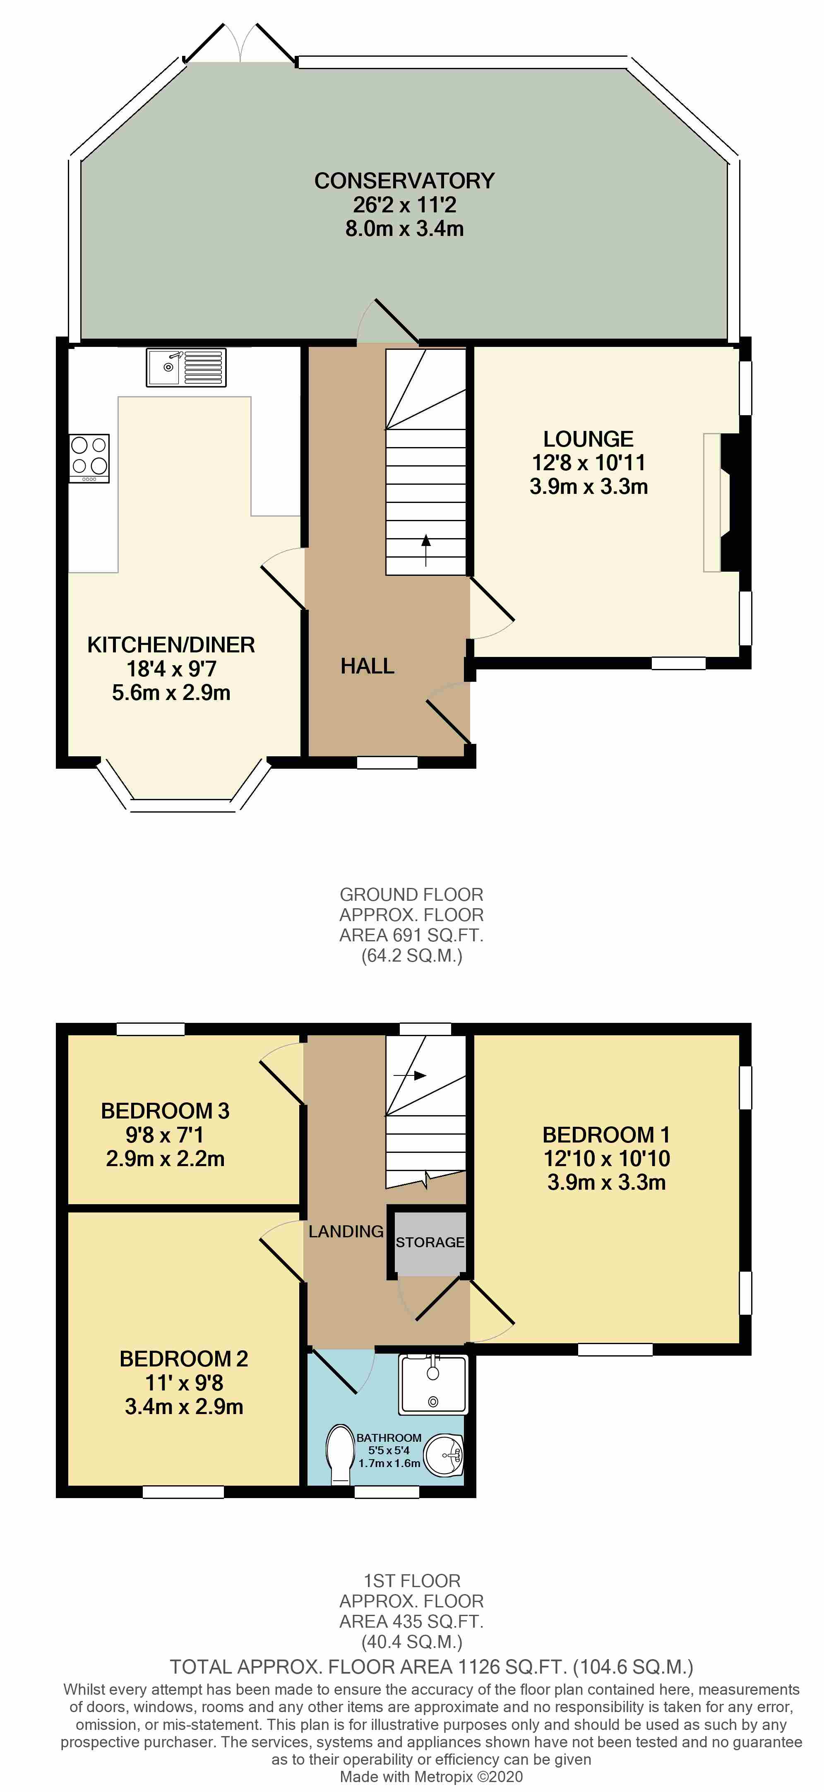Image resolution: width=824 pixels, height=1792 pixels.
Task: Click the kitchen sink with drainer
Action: pyautogui.click(x=186, y=367)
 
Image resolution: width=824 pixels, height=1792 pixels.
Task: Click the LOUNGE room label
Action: pyautogui.click(x=588, y=439)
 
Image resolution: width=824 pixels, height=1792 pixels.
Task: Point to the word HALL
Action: pyautogui.click(x=367, y=666)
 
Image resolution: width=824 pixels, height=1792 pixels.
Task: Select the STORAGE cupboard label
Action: pyautogui.click(x=430, y=1242)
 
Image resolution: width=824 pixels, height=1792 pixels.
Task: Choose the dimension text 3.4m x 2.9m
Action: pyautogui.click(x=184, y=1407)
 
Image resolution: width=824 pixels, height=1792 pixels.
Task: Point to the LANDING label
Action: pyautogui.click(x=346, y=1232)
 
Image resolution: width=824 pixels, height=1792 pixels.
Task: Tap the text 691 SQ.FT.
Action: pyautogui.click(x=434, y=935)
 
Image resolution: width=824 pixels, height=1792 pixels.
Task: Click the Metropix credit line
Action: pyautogui.click(x=431, y=1777)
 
